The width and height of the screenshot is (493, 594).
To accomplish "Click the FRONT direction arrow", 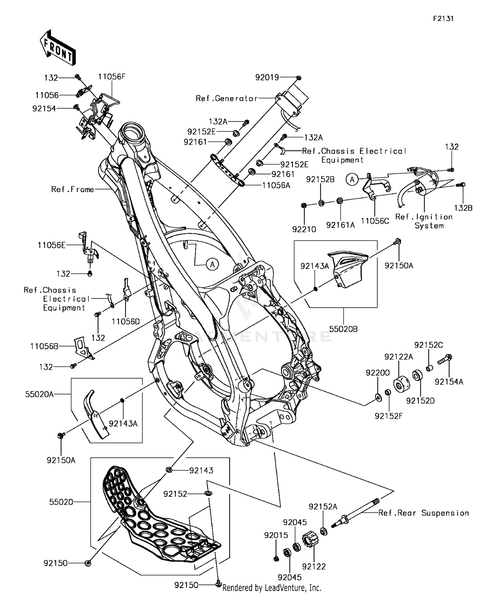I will (58, 47).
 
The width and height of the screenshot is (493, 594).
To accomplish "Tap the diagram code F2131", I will (443, 19).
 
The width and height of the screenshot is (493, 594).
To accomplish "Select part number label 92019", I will (267, 77).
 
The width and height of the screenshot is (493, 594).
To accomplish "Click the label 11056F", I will (112, 77).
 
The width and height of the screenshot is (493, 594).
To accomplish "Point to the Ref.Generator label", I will (226, 99).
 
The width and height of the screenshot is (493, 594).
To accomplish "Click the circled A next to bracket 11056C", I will (352, 180).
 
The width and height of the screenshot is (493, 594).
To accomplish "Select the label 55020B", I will (343, 329).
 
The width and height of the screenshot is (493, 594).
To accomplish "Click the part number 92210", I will (304, 229).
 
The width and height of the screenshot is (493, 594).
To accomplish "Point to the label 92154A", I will (449, 382).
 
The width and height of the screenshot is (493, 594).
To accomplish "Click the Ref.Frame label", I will (72, 189).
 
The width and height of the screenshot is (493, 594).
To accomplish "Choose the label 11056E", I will (51, 245).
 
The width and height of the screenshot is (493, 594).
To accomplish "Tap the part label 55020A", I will (39, 394).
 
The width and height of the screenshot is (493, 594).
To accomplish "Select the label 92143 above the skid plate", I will (201, 470).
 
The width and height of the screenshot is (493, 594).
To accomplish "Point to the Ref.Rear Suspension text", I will (423, 513).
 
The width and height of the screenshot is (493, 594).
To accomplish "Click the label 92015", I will (276, 535).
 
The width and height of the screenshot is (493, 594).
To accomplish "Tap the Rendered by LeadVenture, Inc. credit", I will (271, 587).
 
